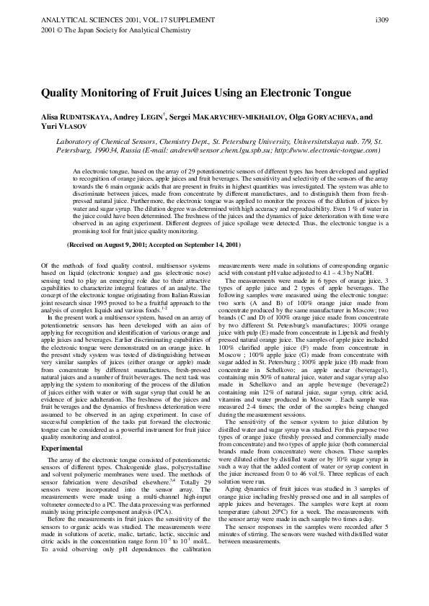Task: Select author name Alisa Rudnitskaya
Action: (x=77, y=117)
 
